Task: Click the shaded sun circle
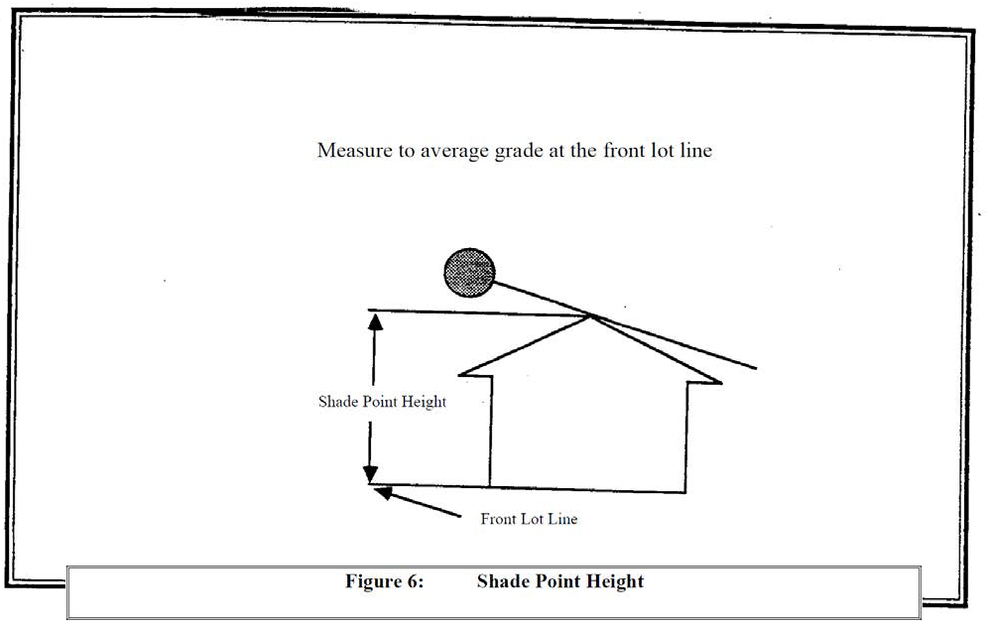[468, 269]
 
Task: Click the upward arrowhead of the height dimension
[375, 319]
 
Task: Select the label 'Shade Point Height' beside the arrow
[382, 402]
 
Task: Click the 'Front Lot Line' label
[529, 519]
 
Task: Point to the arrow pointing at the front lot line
[417, 502]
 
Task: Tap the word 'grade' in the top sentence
[517, 152]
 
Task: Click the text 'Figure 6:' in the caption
[384, 581]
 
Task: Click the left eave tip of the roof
[462, 373]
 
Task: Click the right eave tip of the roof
[720, 380]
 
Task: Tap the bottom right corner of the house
[685, 493]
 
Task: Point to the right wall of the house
[686, 437]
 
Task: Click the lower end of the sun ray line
[756, 368]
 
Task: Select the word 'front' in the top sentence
[624, 152]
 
